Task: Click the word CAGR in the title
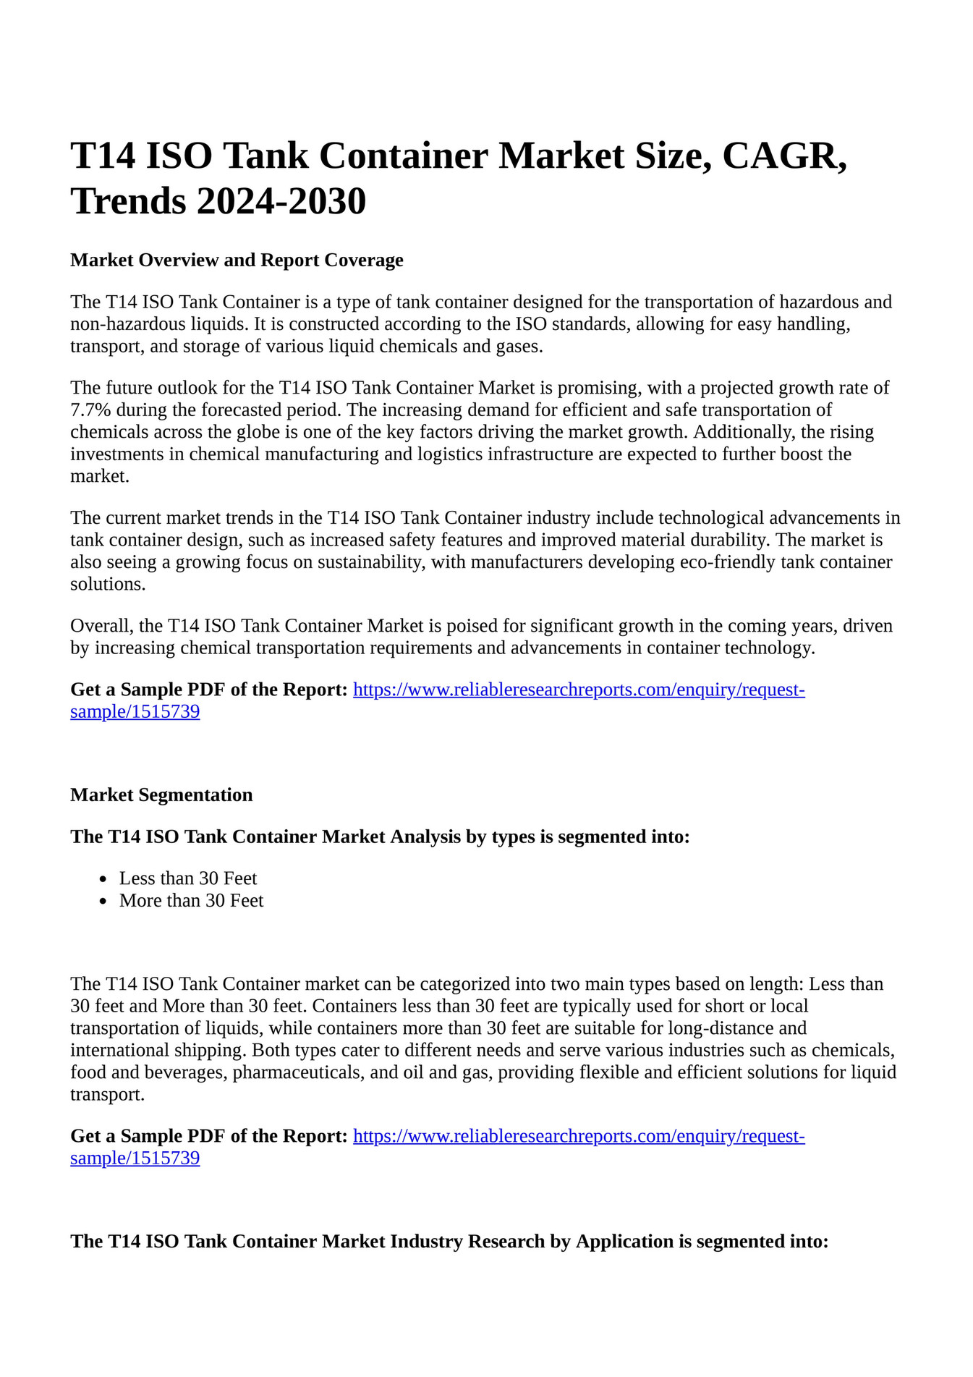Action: tap(781, 156)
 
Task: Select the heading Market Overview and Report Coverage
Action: tap(237, 260)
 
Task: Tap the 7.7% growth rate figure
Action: tap(90, 410)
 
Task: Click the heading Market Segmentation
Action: tap(161, 795)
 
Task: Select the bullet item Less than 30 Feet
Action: tap(188, 878)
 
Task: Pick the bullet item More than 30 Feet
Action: tap(191, 901)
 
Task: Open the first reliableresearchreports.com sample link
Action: tap(579, 690)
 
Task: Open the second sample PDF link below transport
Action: tap(579, 1136)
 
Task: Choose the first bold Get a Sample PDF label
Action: tap(208, 690)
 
